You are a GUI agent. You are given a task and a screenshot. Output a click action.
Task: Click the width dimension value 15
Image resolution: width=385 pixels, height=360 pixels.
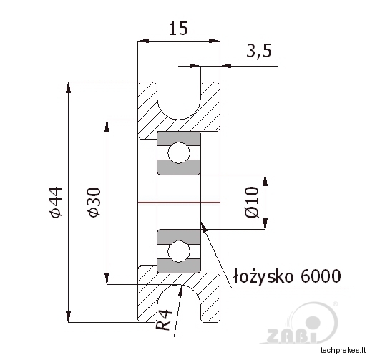(178, 28)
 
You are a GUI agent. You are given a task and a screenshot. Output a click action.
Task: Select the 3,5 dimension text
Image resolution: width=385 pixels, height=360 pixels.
(259, 51)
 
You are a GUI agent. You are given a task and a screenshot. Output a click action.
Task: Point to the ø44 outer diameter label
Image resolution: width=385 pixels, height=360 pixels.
(56, 202)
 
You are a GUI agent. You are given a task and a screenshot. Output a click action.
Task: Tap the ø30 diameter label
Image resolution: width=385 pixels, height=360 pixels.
(94, 202)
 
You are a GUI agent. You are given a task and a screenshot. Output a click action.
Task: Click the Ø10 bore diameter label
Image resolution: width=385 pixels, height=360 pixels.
(252, 202)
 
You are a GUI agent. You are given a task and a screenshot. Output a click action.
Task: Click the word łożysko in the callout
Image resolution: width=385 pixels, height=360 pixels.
(263, 276)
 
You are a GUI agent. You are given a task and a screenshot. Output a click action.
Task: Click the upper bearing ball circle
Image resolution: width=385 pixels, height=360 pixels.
(179, 152)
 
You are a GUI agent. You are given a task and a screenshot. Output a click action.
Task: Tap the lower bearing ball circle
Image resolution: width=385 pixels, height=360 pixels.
(179, 250)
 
